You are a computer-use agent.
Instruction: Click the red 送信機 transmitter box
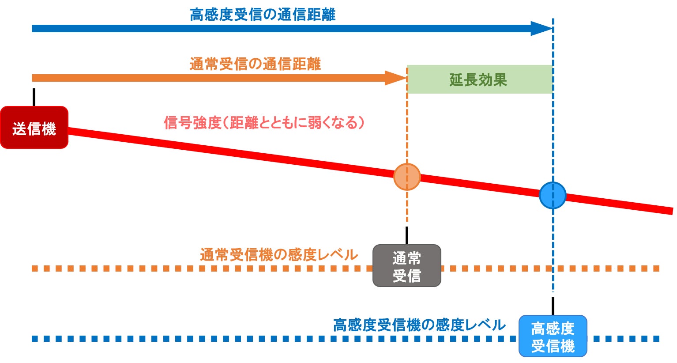[x=34, y=128]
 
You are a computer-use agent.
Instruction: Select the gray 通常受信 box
[x=406, y=266]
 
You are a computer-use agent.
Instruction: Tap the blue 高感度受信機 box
[x=553, y=336]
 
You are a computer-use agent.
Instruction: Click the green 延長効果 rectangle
[x=479, y=79]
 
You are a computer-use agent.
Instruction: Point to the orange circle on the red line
[x=406, y=177]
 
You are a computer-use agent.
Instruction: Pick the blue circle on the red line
[x=553, y=195]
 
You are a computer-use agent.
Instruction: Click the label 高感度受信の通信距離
[x=263, y=15]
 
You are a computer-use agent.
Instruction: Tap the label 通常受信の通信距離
[x=255, y=64]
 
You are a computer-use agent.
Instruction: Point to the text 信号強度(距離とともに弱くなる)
[x=264, y=122]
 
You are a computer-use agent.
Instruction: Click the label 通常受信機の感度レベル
[x=278, y=255]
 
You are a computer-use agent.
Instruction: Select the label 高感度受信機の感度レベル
[x=419, y=325]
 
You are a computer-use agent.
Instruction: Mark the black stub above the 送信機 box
[x=34, y=97]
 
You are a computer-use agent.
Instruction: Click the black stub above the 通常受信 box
[x=406, y=235]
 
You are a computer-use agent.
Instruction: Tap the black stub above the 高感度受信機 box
[x=553, y=306]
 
